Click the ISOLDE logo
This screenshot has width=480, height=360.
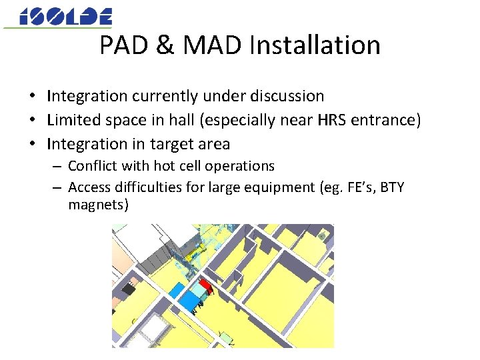65,17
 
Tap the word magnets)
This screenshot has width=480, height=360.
97,204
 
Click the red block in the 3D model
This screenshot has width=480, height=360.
207,287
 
